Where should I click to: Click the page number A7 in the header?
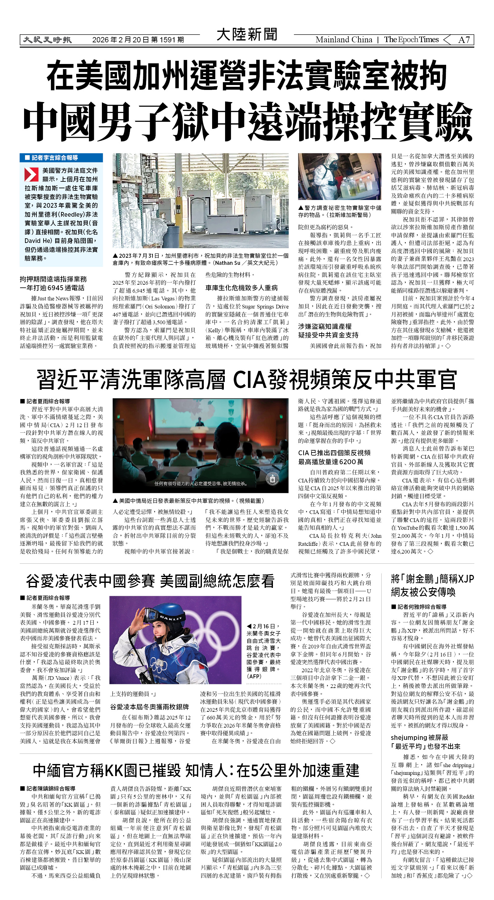point(464,40)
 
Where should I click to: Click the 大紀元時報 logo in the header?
point(47,40)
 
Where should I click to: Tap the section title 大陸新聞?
point(247,35)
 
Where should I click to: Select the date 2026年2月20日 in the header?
point(121,40)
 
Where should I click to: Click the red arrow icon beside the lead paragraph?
point(31,174)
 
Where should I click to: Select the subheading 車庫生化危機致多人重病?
point(241,287)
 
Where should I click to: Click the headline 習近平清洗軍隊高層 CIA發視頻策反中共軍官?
point(246,380)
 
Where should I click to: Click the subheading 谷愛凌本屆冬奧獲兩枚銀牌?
point(149,707)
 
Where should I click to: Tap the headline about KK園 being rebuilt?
point(196,770)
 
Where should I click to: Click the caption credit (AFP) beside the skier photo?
point(254,677)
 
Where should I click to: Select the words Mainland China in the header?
point(344,40)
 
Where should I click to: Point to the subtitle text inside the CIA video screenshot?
point(201,484)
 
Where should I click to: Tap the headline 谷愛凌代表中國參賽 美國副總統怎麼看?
point(150,581)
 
